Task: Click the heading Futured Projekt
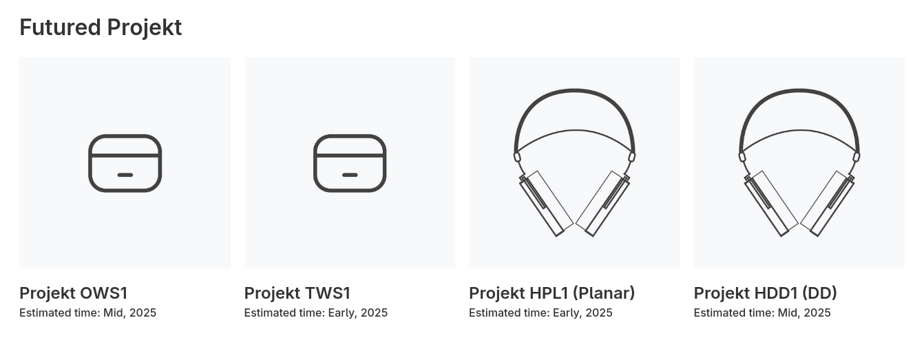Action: pyautogui.click(x=101, y=28)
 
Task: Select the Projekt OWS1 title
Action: pyautogui.click(x=74, y=293)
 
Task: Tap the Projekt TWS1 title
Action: pyautogui.click(x=297, y=293)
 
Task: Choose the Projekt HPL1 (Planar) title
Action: pyautogui.click(x=552, y=293)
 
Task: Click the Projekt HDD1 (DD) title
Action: pyautogui.click(x=765, y=293)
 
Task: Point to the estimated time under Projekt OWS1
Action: pyautogui.click(x=88, y=313)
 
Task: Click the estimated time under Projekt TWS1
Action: pyautogui.click(x=316, y=313)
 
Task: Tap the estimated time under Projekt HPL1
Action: pyautogui.click(x=540, y=313)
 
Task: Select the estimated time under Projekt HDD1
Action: pyautogui.click(x=762, y=313)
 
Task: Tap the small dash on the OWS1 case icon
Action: pyautogui.click(x=125, y=175)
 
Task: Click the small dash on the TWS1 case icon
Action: pyautogui.click(x=350, y=175)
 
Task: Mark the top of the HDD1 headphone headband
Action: pyautogui.click(x=799, y=90)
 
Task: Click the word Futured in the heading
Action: pyautogui.click(x=60, y=28)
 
